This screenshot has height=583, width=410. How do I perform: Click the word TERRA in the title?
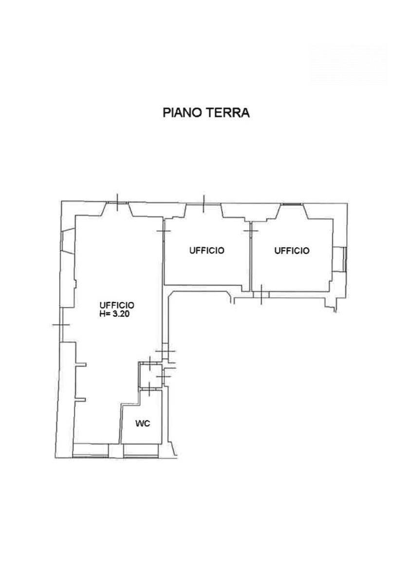228,113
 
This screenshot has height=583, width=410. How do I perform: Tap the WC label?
142,423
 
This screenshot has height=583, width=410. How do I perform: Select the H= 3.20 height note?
114,314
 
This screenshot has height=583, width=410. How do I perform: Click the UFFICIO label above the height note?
117,305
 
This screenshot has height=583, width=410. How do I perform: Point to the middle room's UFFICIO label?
206,251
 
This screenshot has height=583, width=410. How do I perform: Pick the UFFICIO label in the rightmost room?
292,251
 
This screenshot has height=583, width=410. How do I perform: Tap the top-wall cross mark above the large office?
118,201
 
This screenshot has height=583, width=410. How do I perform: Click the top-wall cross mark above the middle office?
204,201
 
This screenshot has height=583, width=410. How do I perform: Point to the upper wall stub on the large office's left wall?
81,364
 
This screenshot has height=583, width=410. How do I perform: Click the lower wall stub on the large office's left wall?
81,400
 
